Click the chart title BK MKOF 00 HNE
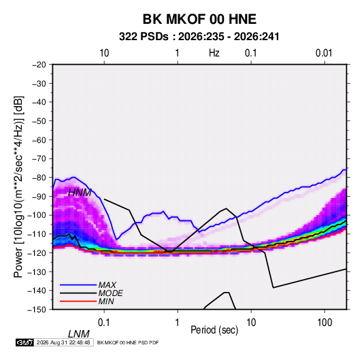tap(199, 19)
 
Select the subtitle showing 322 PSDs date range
tap(199, 37)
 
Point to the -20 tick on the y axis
tap(39, 65)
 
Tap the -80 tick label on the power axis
tap(39, 178)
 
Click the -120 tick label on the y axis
tap(37, 252)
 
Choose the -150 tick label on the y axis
tap(37, 310)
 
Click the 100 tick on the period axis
tap(325, 323)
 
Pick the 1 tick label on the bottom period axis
tap(178, 323)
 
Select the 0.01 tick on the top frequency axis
tap(324, 53)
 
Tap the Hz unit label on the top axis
tap(214, 53)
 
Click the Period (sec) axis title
tap(214, 330)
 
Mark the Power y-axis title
tap(18, 186)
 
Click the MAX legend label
tap(107, 284)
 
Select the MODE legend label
tap(110, 293)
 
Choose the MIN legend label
tap(106, 301)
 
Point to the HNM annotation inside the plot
tap(80, 193)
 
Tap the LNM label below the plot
tap(79, 334)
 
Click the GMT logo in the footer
tap(24, 342)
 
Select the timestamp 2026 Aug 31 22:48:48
tap(63, 342)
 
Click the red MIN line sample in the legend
tap(78, 301)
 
